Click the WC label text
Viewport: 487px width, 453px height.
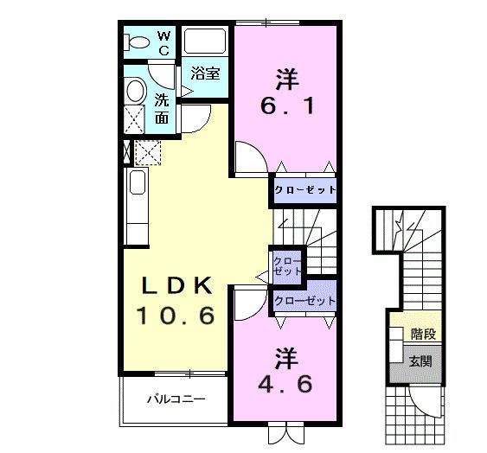(163, 42)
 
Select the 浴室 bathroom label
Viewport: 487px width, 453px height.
(205, 74)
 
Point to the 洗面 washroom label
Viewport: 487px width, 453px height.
(163, 107)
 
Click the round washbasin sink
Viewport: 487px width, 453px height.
(135, 90)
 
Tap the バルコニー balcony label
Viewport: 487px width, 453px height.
(175, 400)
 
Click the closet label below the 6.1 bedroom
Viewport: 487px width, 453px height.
(304, 189)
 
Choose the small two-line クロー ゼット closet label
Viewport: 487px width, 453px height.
(287, 265)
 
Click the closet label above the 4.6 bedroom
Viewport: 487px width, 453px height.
(304, 301)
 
